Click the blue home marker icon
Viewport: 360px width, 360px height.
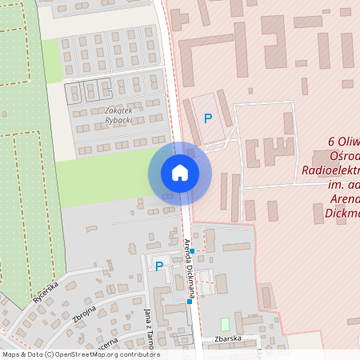(x=180, y=173)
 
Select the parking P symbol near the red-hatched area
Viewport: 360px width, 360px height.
(x=208, y=118)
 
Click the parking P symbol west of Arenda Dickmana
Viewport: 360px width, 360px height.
(x=158, y=266)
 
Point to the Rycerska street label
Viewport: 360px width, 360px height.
(x=46, y=295)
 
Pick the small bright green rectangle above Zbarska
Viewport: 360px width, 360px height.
(x=225, y=325)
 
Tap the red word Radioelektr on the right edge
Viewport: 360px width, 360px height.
(x=330, y=170)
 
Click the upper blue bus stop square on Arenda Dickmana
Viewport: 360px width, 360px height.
(x=192, y=251)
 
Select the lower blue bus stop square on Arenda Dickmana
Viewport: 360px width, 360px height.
(x=190, y=302)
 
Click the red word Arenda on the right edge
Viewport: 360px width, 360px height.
(x=344, y=199)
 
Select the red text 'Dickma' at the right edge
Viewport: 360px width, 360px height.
(x=342, y=214)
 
